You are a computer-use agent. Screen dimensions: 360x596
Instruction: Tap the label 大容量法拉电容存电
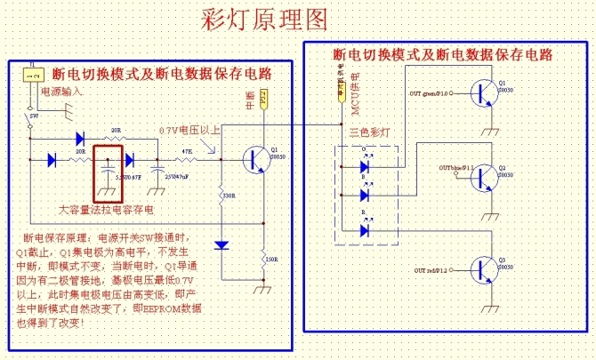(106, 211)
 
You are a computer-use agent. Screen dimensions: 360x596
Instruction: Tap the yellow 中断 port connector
(263, 99)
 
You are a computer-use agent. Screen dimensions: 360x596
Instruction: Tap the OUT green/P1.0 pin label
(430, 92)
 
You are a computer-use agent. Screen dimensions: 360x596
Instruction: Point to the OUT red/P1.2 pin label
(429, 268)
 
